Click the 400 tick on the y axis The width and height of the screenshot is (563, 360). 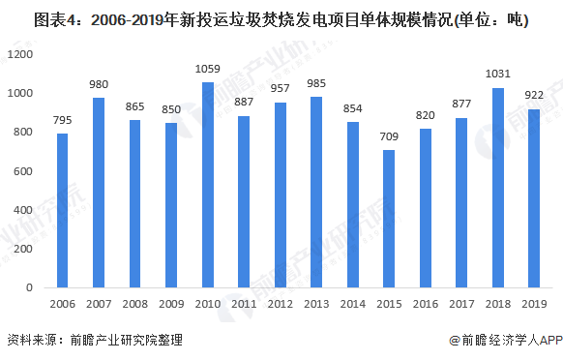pos(23,210)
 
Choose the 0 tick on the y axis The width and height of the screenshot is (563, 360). pos(31,288)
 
